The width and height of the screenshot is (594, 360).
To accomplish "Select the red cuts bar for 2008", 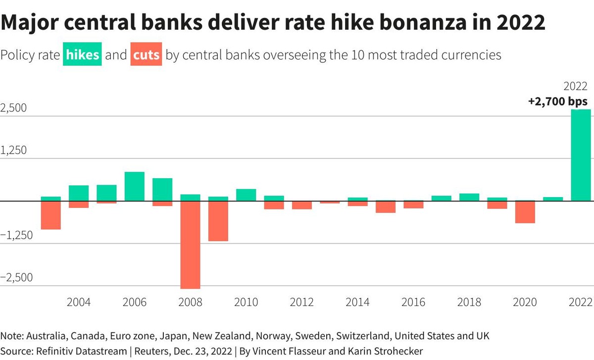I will pyautogui.click(x=190, y=245).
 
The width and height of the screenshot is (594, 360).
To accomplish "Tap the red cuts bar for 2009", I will pyautogui.click(x=218, y=221).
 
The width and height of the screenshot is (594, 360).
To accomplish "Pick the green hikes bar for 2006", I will pyautogui.click(x=134, y=186).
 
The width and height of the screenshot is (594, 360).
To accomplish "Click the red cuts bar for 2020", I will pyautogui.click(x=525, y=212).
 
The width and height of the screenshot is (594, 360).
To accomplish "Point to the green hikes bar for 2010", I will pyautogui.click(x=246, y=195).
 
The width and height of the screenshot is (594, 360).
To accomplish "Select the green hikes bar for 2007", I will pyautogui.click(x=162, y=190).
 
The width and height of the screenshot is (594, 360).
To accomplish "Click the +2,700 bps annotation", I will pyautogui.click(x=557, y=102).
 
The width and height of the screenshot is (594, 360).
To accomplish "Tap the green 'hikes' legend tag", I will pyautogui.click(x=83, y=55).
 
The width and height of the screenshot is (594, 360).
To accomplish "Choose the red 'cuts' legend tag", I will pyautogui.click(x=147, y=55).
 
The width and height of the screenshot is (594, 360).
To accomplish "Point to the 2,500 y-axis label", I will pyautogui.click(x=14, y=108).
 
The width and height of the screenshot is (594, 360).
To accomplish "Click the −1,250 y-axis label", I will pyautogui.click(x=16, y=235).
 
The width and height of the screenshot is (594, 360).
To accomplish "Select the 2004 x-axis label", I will pyautogui.click(x=79, y=303).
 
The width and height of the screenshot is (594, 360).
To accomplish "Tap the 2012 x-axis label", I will pyautogui.click(x=302, y=303).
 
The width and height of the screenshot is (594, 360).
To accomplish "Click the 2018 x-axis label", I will pyautogui.click(x=469, y=303).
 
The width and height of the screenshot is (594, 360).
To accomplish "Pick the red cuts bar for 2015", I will pyautogui.click(x=386, y=207).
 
